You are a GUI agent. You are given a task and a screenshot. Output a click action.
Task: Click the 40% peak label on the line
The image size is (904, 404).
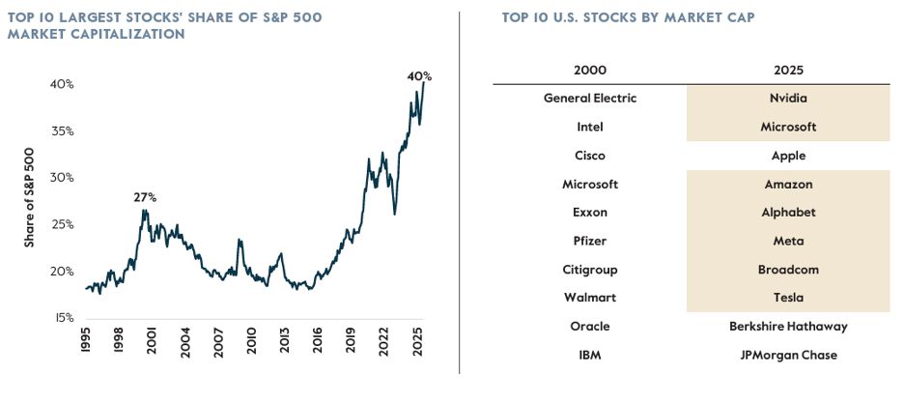419,75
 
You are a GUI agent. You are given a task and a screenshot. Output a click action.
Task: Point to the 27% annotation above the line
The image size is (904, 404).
145,197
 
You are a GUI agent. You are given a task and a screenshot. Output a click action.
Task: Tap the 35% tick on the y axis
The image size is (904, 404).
62,131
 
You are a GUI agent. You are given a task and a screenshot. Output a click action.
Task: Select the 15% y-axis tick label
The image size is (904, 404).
62,318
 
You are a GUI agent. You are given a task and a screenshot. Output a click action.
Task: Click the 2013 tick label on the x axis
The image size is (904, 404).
284,344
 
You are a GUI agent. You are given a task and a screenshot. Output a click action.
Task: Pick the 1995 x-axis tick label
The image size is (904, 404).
85,344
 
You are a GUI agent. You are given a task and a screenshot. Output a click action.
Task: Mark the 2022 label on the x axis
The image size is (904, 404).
382,344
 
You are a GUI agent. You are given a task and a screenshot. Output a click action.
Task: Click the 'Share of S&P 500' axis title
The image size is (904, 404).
29,197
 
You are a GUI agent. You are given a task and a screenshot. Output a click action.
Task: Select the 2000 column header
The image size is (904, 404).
590,70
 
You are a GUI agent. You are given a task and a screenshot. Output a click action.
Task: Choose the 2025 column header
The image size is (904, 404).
788,70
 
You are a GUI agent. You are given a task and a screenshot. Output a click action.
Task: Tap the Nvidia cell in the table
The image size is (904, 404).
788,99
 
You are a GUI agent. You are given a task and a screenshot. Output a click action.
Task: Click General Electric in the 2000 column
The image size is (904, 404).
590,99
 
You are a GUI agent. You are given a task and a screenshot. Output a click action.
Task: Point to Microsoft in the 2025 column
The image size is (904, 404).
788,127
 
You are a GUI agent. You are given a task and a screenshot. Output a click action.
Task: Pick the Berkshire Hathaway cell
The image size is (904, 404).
788,326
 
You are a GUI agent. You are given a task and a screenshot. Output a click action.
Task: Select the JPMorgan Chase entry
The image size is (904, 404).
788,355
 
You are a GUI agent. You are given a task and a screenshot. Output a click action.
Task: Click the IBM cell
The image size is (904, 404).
590,355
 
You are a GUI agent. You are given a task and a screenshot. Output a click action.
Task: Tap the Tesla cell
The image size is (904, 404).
788,298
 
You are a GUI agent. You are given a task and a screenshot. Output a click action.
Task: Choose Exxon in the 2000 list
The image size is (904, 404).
590,213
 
